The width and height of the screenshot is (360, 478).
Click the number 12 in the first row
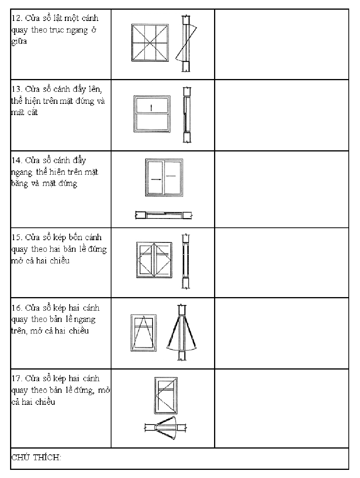tap(16, 18)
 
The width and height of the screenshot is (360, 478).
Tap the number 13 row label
tap(16, 89)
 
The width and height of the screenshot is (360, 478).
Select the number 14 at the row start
tap(16, 160)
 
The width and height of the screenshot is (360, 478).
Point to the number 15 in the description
tap(16, 237)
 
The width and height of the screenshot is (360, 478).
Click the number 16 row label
tap(16, 308)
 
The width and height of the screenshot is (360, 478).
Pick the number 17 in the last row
tap(16, 378)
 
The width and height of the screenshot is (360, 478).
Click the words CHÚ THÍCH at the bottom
tap(36, 457)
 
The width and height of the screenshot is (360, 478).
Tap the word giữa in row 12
tap(19, 41)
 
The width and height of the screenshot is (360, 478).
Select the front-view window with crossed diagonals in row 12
tap(150, 43)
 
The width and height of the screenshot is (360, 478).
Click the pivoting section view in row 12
tap(186, 43)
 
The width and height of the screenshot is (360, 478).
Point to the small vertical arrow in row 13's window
tap(151, 108)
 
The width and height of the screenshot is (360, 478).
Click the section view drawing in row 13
tap(187, 115)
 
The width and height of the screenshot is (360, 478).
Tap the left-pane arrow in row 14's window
tap(156, 179)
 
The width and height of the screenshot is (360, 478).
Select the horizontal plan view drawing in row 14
tap(164, 215)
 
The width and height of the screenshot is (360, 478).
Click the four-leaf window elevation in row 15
tap(154, 260)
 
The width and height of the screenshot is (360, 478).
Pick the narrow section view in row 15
tap(185, 261)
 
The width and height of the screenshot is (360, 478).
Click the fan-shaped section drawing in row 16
tap(182, 333)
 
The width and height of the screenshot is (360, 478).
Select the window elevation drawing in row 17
tap(166, 395)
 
